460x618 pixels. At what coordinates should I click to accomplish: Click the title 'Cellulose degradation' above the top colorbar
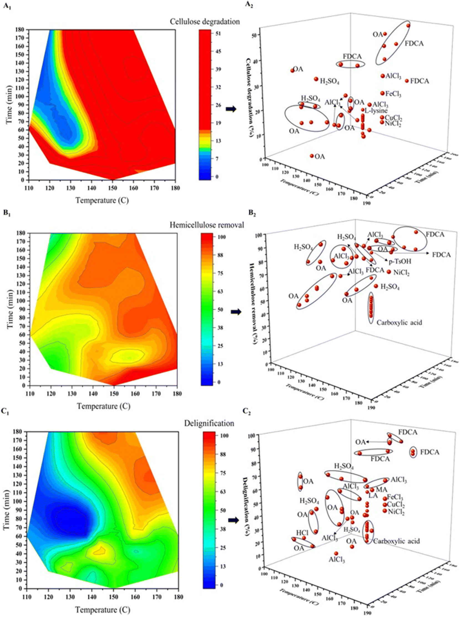(205, 21)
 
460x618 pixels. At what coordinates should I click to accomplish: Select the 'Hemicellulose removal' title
(207, 225)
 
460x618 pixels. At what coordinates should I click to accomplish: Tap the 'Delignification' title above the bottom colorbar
(209, 423)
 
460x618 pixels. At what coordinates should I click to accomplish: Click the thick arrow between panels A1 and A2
(231, 109)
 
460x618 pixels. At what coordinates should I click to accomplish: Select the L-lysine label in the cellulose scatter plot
(376, 111)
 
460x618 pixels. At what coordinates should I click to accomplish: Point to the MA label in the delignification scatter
(381, 489)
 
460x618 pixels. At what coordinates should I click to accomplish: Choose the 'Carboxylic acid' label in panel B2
(399, 322)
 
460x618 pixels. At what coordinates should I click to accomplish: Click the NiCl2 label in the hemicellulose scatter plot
(401, 273)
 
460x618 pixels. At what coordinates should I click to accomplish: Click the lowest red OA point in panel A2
(312, 156)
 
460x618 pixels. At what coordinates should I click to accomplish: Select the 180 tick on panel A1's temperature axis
(175, 188)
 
